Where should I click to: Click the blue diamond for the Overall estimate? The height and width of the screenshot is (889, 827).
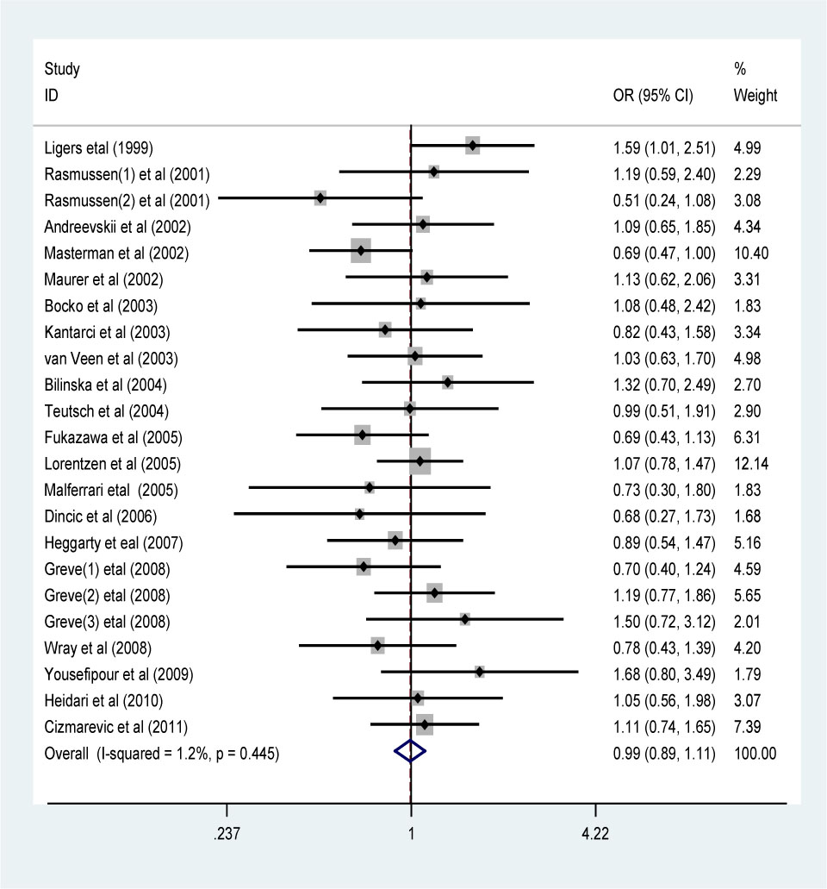[x=410, y=752]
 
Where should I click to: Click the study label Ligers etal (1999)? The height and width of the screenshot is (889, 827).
[x=99, y=147]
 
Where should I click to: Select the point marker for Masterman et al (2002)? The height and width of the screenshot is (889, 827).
[x=361, y=253]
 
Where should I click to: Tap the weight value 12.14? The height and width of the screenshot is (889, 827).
[x=750, y=464]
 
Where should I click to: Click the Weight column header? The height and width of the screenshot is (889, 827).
[x=755, y=96]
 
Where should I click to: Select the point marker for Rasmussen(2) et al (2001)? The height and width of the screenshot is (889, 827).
[x=320, y=199]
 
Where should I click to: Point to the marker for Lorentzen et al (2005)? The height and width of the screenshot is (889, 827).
[x=420, y=461]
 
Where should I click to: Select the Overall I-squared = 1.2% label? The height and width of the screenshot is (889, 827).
[x=161, y=753]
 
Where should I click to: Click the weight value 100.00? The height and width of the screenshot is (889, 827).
[x=755, y=753]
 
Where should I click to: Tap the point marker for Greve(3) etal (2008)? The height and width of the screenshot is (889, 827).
[x=465, y=620]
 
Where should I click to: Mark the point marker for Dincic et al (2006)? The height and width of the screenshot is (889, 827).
[x=359, y=515]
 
